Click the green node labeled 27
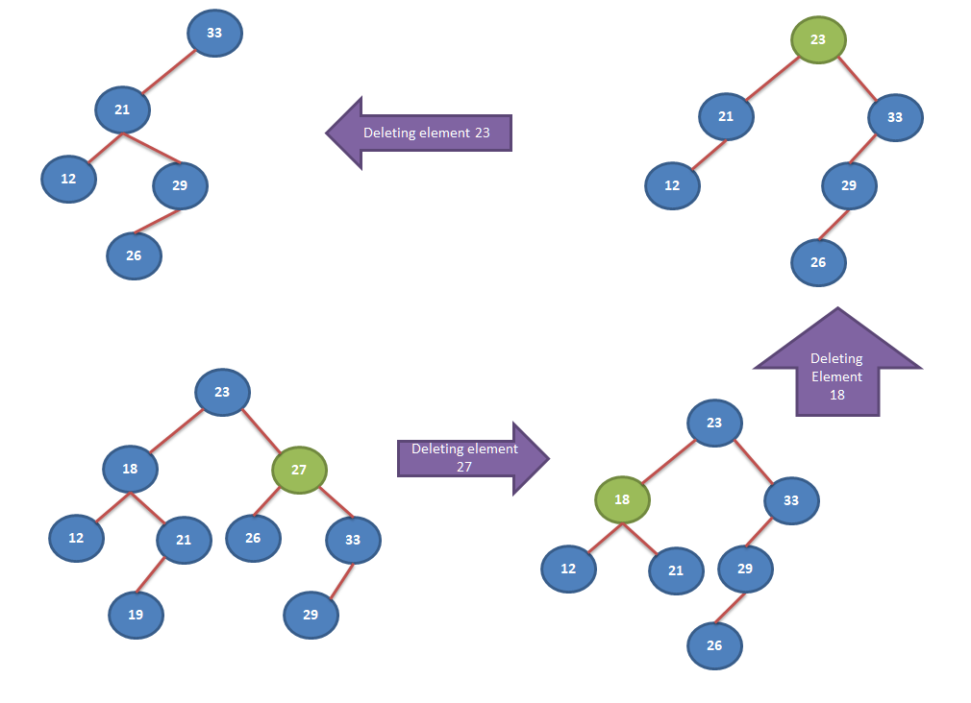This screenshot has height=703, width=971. point(299,470)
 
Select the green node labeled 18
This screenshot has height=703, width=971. point(622,499)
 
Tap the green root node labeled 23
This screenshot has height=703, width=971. point(818,39)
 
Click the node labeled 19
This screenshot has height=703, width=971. point(136,615)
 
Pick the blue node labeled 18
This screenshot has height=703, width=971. point(130,469)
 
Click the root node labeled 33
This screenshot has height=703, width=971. point(214,33)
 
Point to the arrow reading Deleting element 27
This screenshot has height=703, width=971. point(473,458)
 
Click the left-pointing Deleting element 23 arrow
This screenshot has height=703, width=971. point(418,133)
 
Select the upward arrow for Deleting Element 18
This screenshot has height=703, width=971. point(837,361)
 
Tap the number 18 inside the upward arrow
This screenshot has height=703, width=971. point(837,395)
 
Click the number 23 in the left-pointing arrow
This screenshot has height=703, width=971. point(483,133)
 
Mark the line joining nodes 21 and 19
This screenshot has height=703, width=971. point(151,575)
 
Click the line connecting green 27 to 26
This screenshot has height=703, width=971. point(267,502)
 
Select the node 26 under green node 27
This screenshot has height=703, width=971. point(253,538)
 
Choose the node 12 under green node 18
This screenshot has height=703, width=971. point(568,569)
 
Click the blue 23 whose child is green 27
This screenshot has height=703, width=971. point(222,392)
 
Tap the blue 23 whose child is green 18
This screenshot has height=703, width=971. point(714,423)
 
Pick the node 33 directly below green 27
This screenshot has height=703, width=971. point(353,540)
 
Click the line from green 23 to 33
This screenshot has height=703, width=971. point(858,79)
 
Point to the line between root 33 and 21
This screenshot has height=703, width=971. point(168,72)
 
